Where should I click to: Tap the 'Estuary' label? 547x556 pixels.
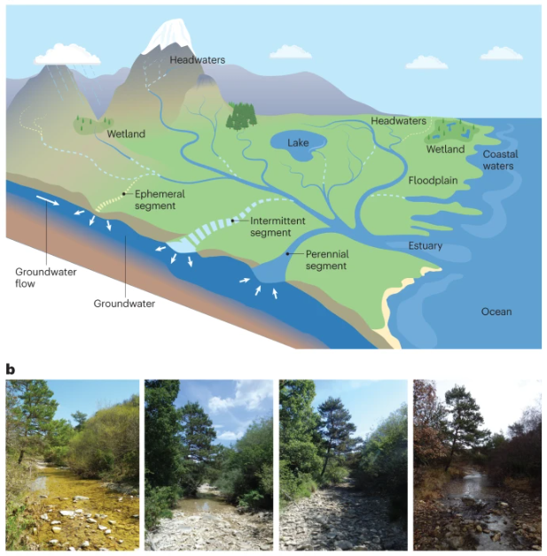point(426,245)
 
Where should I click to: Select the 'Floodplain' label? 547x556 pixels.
point(433,181)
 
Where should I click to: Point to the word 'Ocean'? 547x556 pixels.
point(496,311)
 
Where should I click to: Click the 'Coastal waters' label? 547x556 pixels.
point(499,159)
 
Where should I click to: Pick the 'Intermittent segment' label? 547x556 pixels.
point(271,227)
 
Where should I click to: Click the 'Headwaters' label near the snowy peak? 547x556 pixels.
point(197,60)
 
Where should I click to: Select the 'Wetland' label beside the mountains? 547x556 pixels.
point(126,135)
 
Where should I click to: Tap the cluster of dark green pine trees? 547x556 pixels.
point(240,116)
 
